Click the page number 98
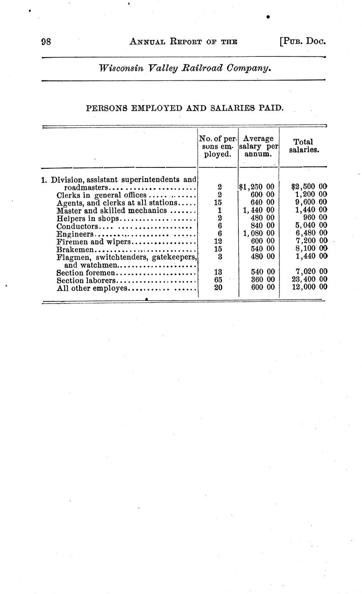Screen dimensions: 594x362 click(x=46, y=42)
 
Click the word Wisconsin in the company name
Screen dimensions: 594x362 click(x=121, y=68)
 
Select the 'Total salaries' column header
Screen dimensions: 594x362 click(x=303, y=146)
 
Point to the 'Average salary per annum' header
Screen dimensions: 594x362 click(x=258, y=146)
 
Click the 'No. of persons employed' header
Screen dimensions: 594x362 click(x=217, y=146)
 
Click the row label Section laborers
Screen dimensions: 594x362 click(x=86, y=280)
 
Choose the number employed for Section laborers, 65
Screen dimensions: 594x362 click(x=218, y=280)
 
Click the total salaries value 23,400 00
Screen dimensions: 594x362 click(x=309, y=280)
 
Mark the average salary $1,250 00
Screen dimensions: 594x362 click(x=257, y=187)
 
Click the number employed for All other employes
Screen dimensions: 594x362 click(x=218, y=288)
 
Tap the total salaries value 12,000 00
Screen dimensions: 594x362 click(x=309, y=287)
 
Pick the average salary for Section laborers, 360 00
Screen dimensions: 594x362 click(x=262, y=280)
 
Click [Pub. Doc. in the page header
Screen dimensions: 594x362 click(x=302, y=42)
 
